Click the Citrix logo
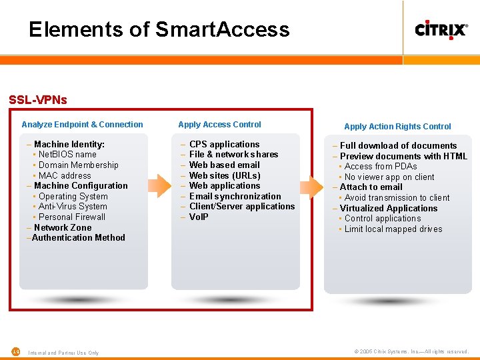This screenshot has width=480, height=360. [x=441, y=30]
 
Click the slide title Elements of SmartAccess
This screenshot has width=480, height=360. [x=159, y=29]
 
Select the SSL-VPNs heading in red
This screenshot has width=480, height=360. [x=38, y=100]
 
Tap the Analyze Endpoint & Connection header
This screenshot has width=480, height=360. [x=82, y=125]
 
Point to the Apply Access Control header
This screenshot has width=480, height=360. [x=219, y=125]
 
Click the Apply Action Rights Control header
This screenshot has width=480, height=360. [x=397, y=127]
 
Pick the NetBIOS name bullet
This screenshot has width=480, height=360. [x=67, y=155]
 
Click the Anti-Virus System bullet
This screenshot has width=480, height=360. [x=72, y=207]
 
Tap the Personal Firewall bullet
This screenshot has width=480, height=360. [x=71, y=217]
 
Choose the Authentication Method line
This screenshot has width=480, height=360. [x=77, y=238]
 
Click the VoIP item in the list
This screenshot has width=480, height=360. [x=199, y=217]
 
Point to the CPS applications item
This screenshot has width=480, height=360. [x=224, y=145]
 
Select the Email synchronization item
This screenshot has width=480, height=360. [x=235, y=196]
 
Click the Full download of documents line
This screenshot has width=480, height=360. [x=398, y=146]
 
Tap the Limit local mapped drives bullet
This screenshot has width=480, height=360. [x=393, y=229]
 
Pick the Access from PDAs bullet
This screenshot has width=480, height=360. [x=380, y=167]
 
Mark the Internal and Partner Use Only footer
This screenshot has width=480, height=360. [x=63, y=353]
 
